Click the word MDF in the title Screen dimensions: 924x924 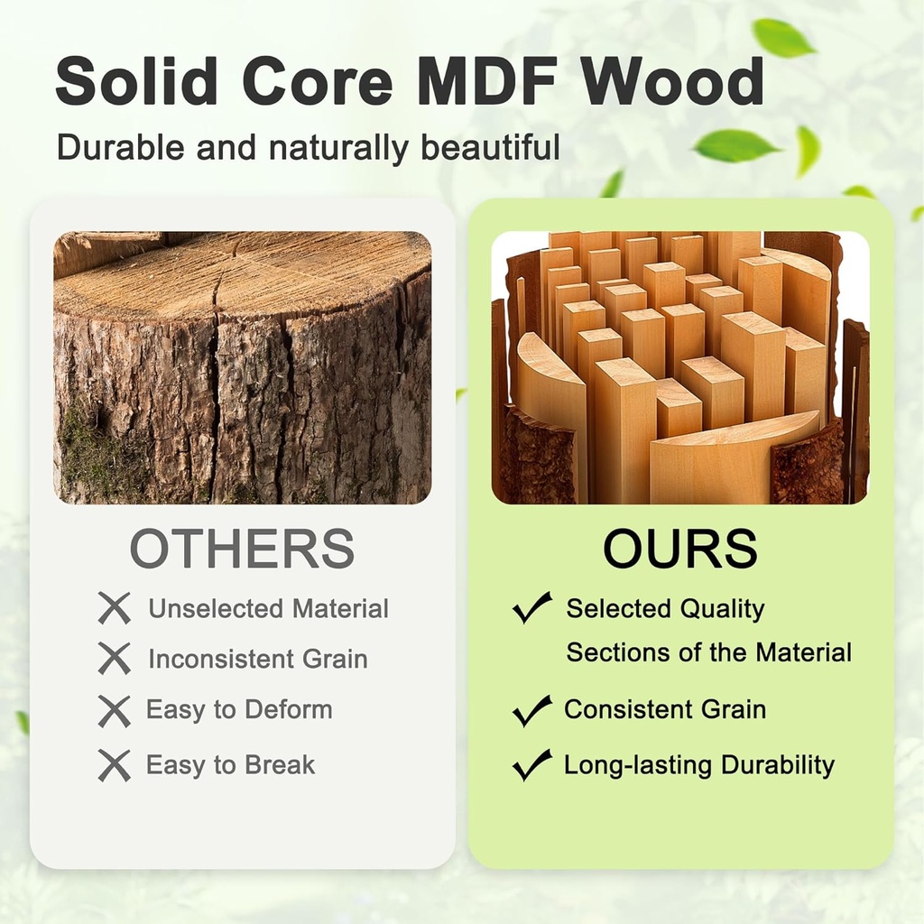487,80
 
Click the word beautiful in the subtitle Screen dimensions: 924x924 490,146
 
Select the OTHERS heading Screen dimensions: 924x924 242,548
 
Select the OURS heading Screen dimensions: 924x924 680,548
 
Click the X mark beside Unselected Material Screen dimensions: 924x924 115,609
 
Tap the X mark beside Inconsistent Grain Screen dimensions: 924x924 115,659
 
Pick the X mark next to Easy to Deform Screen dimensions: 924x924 115,711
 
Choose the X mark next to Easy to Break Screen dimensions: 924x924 115,765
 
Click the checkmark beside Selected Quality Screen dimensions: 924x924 532,607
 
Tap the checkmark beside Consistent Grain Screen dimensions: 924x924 532,711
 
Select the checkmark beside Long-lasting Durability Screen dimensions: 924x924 532,765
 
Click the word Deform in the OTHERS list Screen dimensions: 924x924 289,709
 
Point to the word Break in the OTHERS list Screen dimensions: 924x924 280,765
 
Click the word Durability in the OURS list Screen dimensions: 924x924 778,765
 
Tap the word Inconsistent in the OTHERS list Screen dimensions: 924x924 221,659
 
